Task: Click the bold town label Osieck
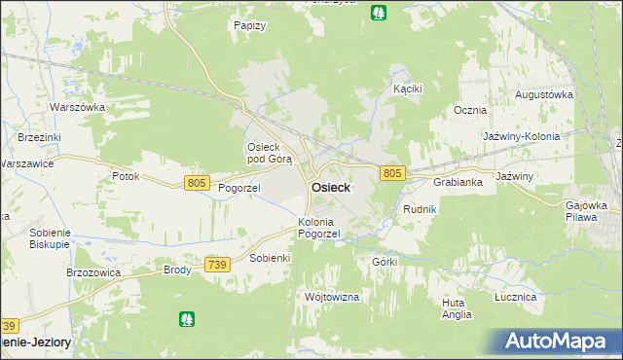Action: (331, 187)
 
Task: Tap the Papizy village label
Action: (250, 25)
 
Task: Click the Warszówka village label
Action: (77, 107)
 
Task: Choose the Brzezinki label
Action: (38, 138)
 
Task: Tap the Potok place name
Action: (126, 177)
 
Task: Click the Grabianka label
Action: (458, 182)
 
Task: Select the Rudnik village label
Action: (420, 209)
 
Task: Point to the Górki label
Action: (385, 262)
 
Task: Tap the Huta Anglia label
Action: (456, 308)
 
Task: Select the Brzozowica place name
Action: (92, 272)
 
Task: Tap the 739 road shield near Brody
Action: (218, 264)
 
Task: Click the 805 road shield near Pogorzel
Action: (197, 183)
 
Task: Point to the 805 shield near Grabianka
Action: (392, 173)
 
